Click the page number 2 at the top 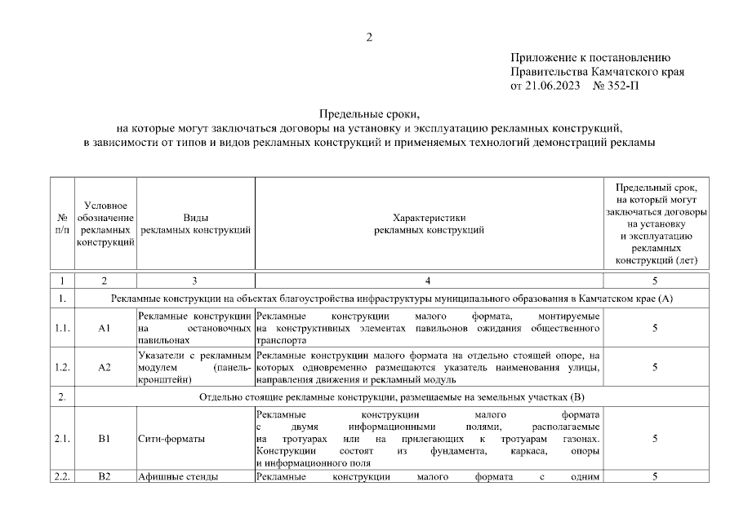[369, 36]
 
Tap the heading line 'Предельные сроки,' [369, 115]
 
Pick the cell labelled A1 [105, 327]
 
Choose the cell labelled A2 [105, 367]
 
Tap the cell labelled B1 [105, 439]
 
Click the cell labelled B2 [105, 477]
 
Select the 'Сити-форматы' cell [171, 439]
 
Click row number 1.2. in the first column [62, 367]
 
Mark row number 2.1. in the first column [62, 439]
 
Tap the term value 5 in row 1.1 [656, 327]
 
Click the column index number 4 [429, 281]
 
